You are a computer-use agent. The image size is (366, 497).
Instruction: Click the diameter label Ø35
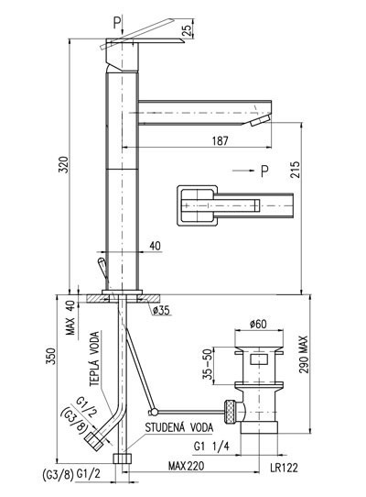(161, 311)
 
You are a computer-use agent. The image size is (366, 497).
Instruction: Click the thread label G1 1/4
(211, 446)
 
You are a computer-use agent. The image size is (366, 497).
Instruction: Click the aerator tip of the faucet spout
(260, 120)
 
